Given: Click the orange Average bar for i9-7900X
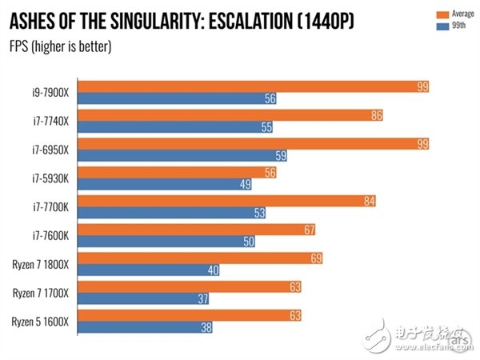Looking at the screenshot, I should pyautogui.click(x=256, y=86).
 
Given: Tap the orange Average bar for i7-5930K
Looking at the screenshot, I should pyautogui.click(x=180, y=172).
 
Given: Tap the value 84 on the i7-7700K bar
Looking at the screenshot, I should pyautogui.click(x=369, y=201).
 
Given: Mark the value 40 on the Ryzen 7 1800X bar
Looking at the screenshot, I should pyautogui.click(x=212, y=270).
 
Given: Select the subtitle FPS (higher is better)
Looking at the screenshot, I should pyautogui.click(x=61, y=45).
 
